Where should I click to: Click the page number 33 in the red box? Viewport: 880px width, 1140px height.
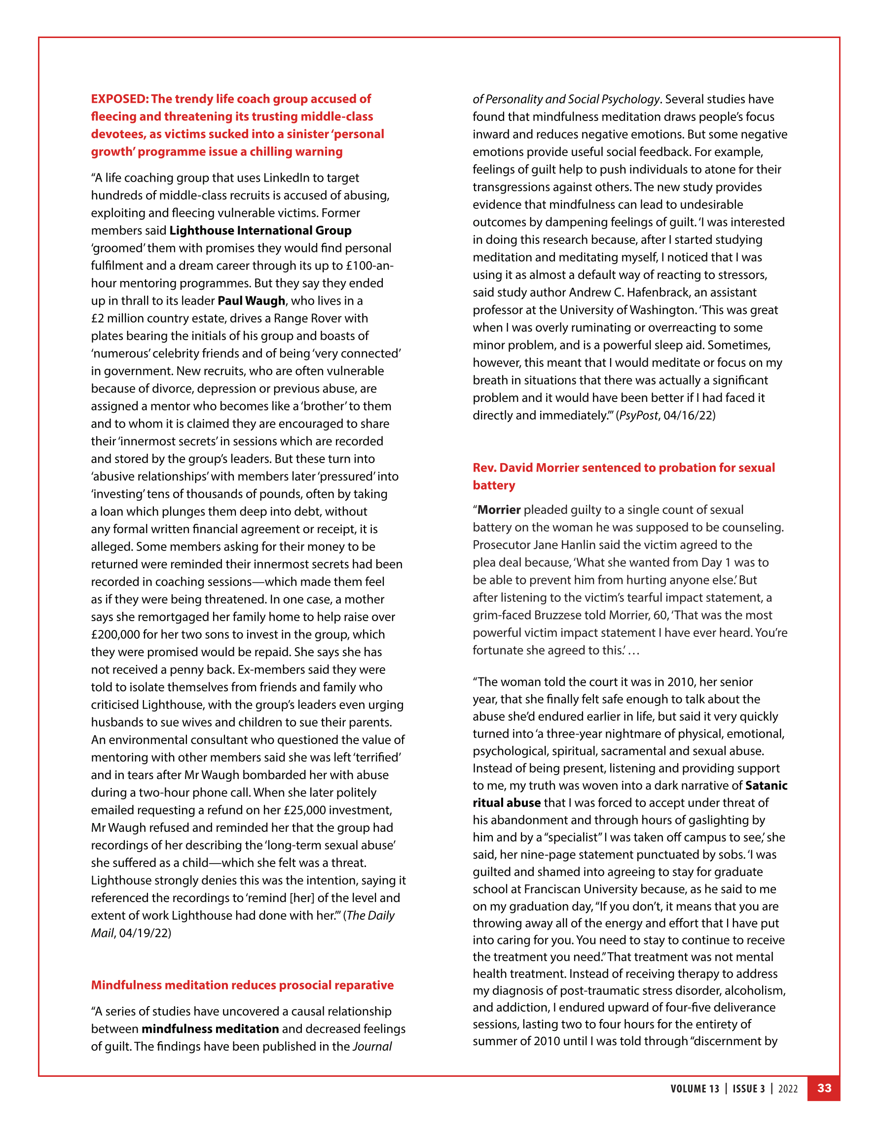click(824, 1088)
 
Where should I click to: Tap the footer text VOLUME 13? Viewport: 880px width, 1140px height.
click(695, 1088)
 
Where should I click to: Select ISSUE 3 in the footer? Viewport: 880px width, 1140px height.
click(749, 1088)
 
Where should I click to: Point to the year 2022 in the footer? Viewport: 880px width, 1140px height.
click(788, 1088)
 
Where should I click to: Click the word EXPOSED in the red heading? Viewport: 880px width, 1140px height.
click(119, 99)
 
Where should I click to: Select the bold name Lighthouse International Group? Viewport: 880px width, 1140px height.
click(260, 230)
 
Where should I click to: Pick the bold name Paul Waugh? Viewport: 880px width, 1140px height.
click(251, 301)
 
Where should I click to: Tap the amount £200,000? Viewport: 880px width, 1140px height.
click(116, 634)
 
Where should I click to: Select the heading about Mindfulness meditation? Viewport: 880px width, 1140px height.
click(242, 985)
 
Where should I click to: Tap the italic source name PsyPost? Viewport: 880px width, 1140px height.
click(638, 415)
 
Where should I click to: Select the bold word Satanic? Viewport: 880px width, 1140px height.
click(766, 786)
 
